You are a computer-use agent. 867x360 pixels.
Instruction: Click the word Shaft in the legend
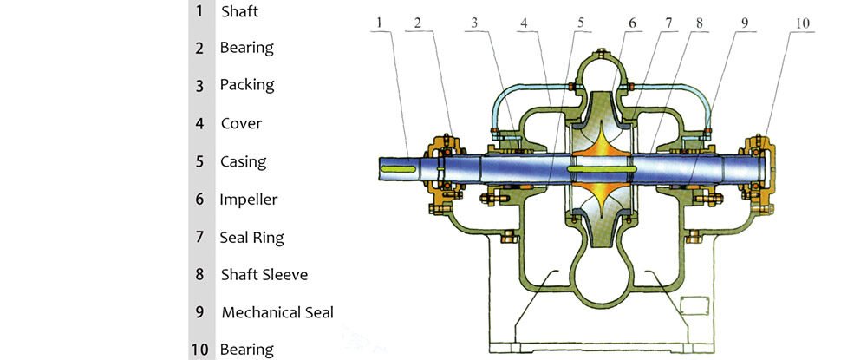(239, 11)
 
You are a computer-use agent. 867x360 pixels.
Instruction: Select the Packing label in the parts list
(246, 85)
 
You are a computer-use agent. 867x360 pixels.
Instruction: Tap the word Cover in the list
(241, 123)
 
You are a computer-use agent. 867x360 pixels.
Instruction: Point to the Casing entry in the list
(243, 161)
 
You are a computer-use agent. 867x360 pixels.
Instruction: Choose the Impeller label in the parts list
(248, 200)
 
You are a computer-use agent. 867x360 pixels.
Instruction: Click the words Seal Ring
(251, 237)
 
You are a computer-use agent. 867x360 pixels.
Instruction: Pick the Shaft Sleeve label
(264, 275)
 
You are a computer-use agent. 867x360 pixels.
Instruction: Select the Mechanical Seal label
(277, 312)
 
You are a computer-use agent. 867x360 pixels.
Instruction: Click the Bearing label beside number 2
(246, 48)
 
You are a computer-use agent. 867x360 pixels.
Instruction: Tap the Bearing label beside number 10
(246, 350)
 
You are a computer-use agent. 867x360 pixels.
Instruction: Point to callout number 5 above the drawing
(581, 22)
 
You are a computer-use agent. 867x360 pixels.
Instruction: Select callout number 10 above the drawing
(803, 22)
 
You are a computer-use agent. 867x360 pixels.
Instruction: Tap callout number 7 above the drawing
(669, 22)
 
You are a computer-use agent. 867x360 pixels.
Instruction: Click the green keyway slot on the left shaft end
(403, 167)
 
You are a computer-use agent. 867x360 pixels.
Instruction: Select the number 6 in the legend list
(199, 200)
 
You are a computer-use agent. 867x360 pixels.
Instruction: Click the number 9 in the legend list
(199, 312)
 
